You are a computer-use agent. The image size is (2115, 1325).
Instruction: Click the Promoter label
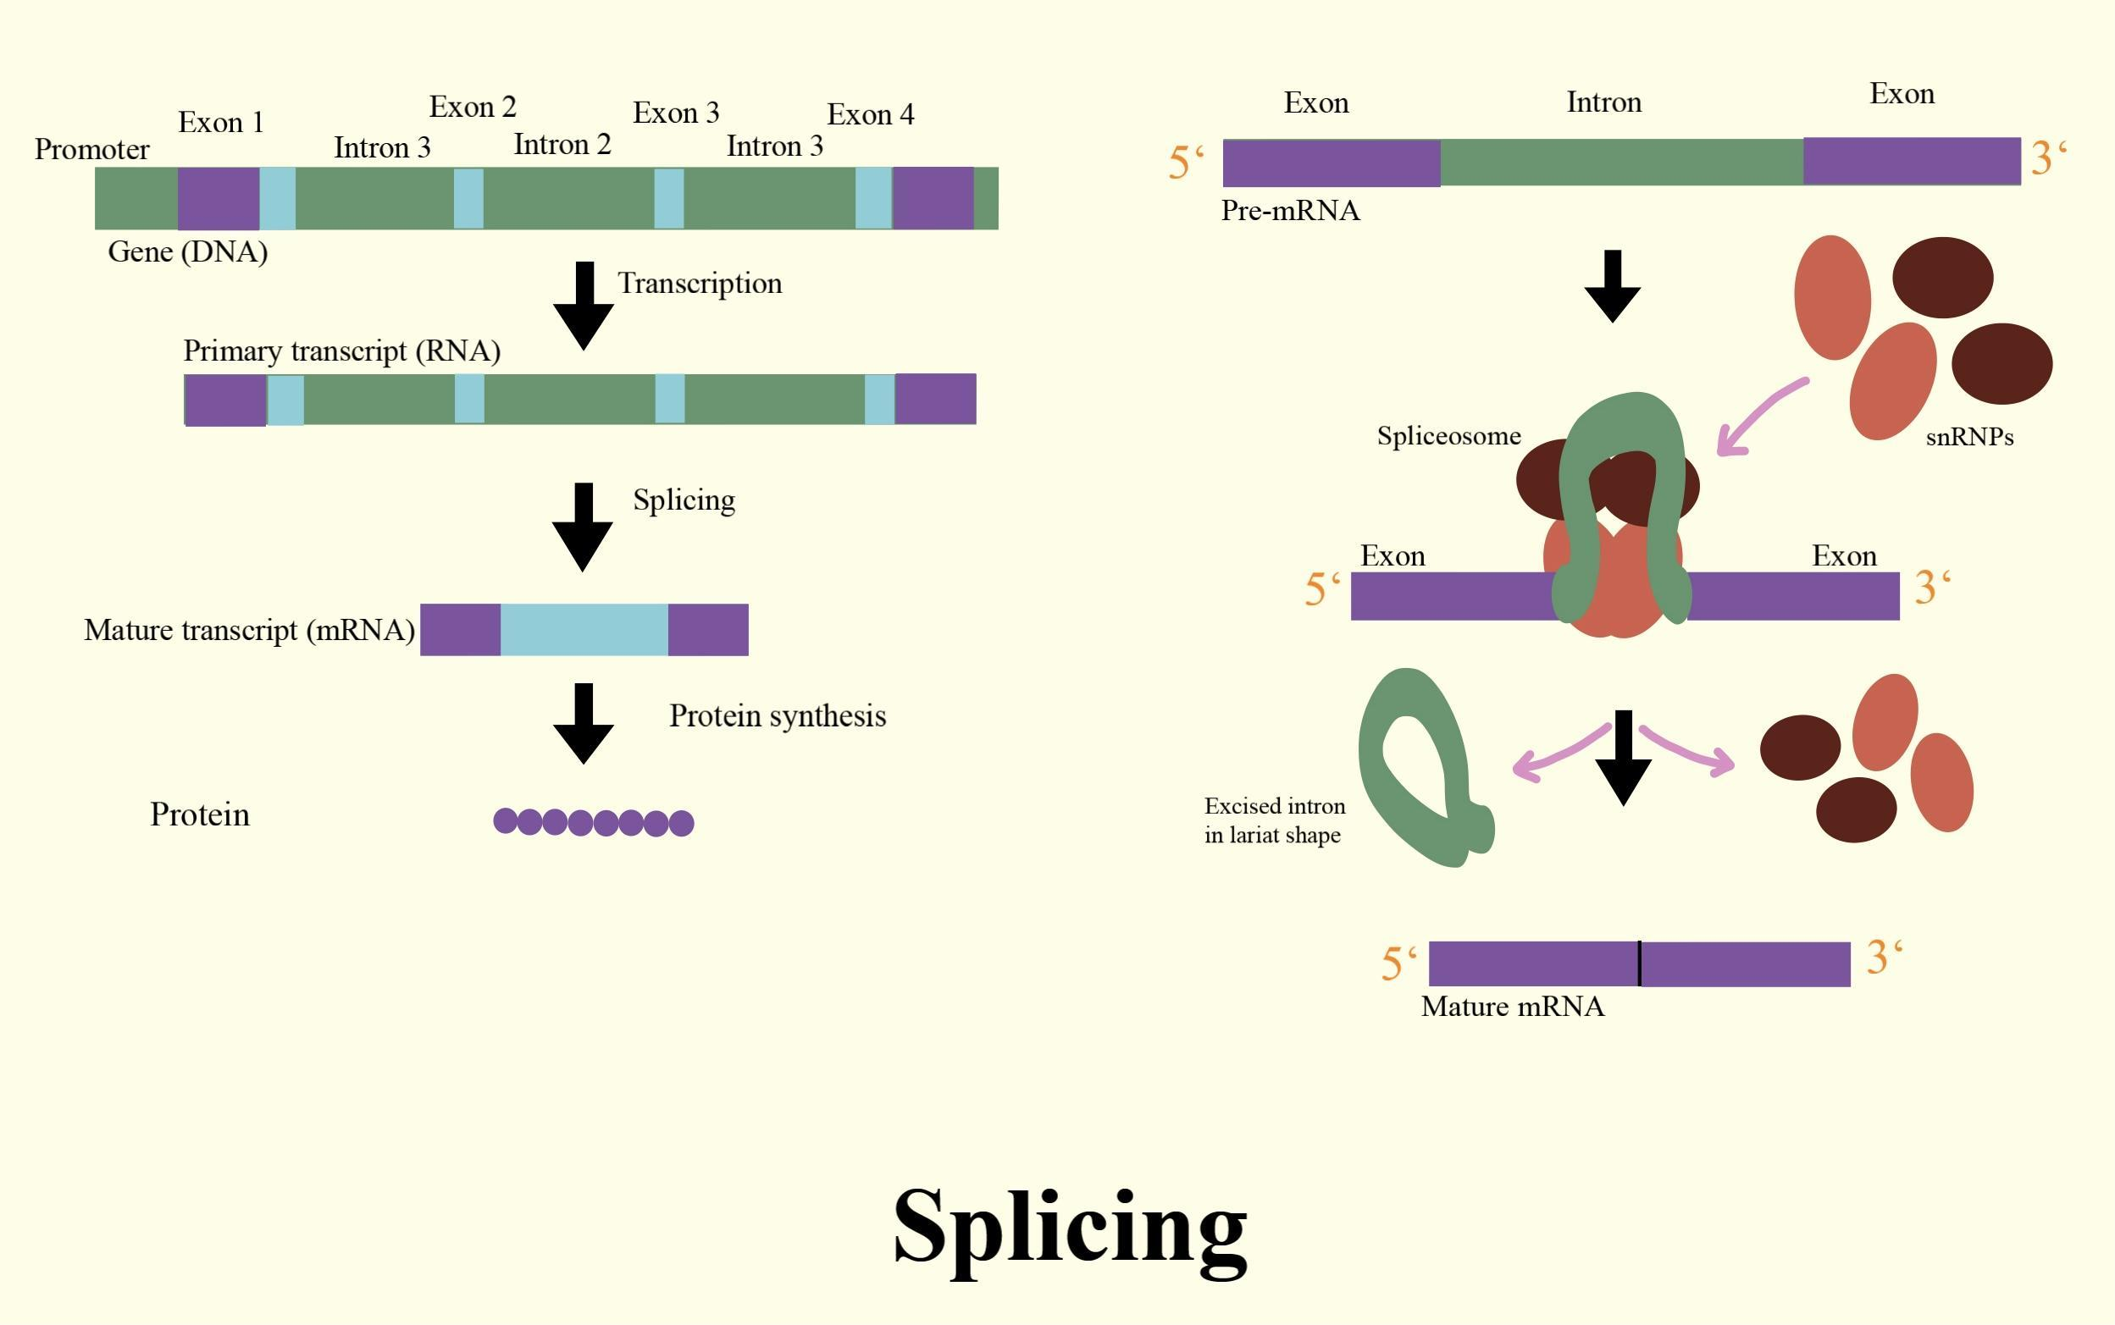(x=91, y=150)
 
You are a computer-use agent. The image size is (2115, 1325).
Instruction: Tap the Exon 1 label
(x=220, y=123)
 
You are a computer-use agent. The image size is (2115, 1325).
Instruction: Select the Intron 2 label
(x=562, y=145)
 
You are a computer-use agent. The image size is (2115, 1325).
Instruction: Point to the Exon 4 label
(x=870, y=115)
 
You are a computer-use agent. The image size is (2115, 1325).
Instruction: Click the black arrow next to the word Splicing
(x=583, y=527)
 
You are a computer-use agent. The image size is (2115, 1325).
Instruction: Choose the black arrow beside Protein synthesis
(x=584, y=724)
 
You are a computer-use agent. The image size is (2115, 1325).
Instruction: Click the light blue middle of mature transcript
(x=584, y=630)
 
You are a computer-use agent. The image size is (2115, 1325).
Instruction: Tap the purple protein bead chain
(x=594, y=822)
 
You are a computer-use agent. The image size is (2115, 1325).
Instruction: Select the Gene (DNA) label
(x=187, y=252)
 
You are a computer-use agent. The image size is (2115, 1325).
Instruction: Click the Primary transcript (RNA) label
(x=341, y=351)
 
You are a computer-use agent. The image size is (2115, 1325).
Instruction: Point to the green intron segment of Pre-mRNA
(x=1620, y=162)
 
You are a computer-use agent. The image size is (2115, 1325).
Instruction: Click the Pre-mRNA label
(x=1290, y=211)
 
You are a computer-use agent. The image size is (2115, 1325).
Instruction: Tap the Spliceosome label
(x=1448, y=436)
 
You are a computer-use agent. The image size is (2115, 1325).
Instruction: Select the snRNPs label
(x=1968, y=437)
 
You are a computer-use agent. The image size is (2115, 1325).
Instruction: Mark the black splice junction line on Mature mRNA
(x=1639, y=963)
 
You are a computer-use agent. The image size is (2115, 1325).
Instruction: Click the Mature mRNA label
(x=1512, y=1007)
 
